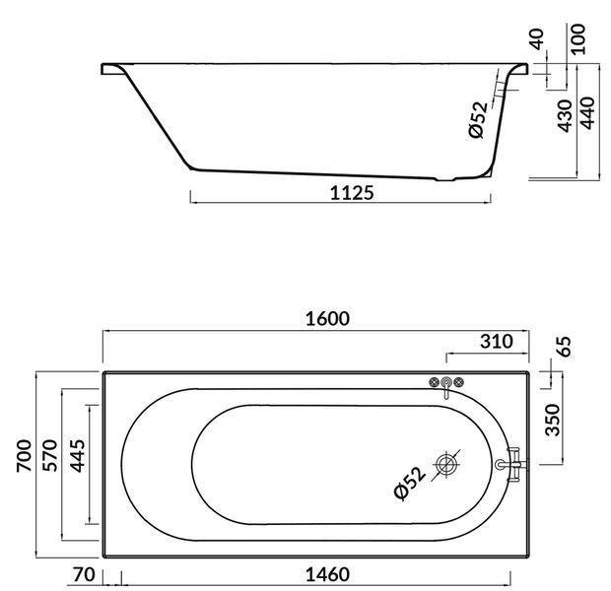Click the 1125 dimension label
[352, 192]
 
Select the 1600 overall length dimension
[327, 319]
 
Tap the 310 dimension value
[496, 341]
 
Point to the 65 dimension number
[565, 347]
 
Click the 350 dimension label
[553, 420]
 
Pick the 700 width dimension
[24, 456]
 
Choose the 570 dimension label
[50, 455]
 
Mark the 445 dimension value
[77, 456]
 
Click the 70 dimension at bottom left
[84, 574]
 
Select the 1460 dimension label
[327, 574]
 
